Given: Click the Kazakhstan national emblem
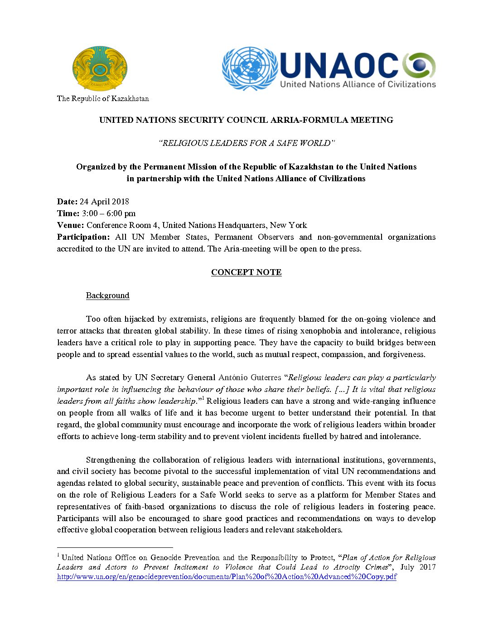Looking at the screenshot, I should coord(100,68).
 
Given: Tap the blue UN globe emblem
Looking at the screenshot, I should coord(250,68).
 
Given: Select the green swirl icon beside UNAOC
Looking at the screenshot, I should coord(419,65).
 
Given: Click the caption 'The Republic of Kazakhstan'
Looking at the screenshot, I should coord(103,98).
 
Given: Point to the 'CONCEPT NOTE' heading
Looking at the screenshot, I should coord(246,272).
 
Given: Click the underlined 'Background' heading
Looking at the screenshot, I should coord(107,295).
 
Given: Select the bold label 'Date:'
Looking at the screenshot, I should coord(67,202).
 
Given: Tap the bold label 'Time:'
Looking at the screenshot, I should coord(68,213).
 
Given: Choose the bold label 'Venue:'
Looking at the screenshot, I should coord(70,225).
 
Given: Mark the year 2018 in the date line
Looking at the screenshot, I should coord(121,202).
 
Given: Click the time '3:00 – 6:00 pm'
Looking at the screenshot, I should coord(109,213).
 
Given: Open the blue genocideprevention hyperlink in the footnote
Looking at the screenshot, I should coord(227,577).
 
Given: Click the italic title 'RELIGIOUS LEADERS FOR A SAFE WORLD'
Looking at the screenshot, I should coord(246,143).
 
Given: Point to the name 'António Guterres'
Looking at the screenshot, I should coord(250,377).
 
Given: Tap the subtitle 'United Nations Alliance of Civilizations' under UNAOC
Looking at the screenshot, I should coord(358,84).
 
